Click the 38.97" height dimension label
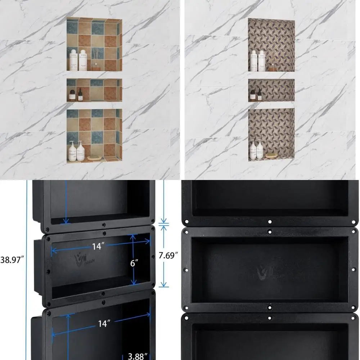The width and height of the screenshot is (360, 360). pyautogui.click(x=13, y=258)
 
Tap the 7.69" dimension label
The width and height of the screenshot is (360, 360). pyautogui.click(x=168, y=256)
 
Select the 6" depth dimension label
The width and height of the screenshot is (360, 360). pyautogui.click(x=134, y=263)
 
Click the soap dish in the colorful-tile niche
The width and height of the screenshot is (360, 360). pyautogui.click(x=94, y=157)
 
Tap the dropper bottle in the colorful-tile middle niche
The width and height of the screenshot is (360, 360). pyautogui.click(x=80, y=94)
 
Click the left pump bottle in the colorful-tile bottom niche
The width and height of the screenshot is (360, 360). pyautogui.click(x=72, y=151)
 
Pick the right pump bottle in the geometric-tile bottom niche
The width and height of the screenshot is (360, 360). pyautogui.click(x=260, y=150)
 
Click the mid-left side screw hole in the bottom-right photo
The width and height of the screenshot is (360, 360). pyautogui.click(x=186, y=270)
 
